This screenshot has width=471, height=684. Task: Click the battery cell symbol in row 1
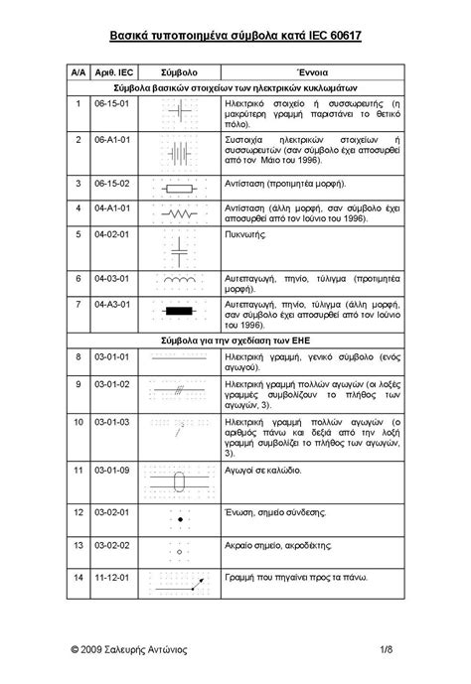180,112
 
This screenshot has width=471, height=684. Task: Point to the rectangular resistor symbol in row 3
180,186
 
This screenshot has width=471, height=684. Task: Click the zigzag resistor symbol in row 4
180,212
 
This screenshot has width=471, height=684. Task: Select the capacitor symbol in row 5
179,250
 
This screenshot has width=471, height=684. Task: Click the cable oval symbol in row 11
179,482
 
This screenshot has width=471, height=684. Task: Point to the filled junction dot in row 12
179,518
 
